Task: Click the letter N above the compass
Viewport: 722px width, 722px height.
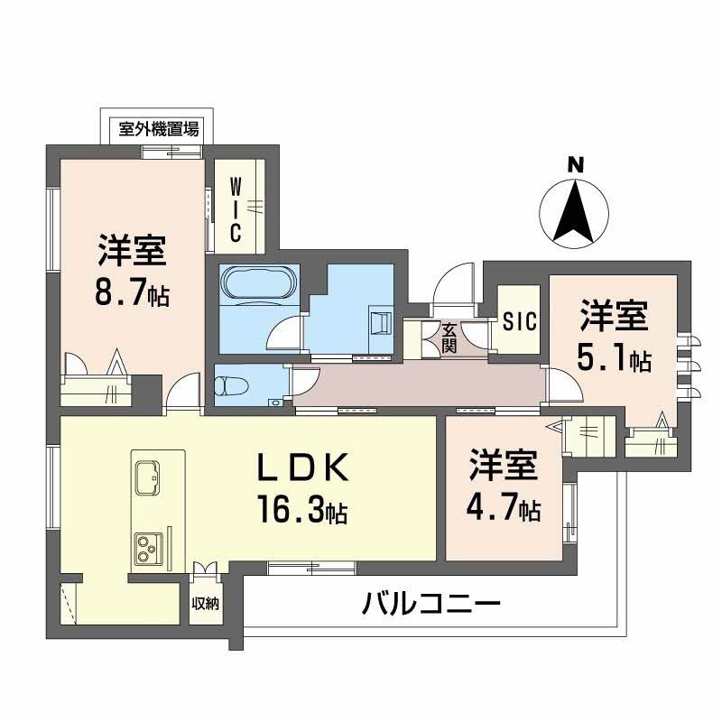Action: click(x=574, y=165)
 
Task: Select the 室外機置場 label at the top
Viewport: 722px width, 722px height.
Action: click(x=160, y=129)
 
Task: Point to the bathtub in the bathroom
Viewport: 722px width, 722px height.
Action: click(x=258, y=283)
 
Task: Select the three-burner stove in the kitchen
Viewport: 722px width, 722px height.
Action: click(x=147, y=547)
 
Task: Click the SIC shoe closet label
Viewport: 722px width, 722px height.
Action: click(x=519, y=320)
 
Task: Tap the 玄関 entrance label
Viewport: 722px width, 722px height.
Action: click(x=449, y=337)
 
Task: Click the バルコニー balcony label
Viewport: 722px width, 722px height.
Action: click(x=431, y=603)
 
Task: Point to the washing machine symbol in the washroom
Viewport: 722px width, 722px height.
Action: click(x=378, y=321)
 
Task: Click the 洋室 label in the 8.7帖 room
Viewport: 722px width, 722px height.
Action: click(x=133, y=250)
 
